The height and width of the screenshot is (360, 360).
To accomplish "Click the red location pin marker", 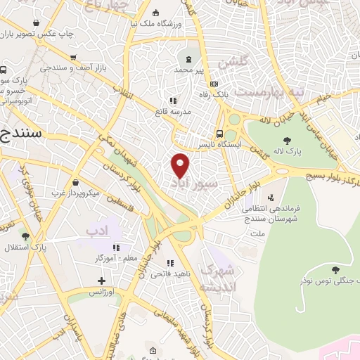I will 181,164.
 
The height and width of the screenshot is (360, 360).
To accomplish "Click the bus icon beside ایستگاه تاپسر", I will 219,134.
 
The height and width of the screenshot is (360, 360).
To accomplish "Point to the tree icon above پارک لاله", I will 287,140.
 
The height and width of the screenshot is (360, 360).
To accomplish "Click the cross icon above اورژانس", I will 103,281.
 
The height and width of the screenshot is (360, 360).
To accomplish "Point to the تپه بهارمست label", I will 262,92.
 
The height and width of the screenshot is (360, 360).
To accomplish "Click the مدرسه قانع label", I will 174,110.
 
